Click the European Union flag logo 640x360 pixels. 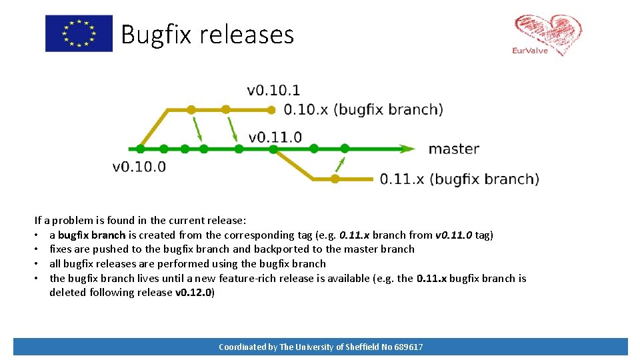tap(79, 33)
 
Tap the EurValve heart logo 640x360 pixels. tap(547, 35)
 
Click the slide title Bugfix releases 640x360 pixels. tap(207, 35)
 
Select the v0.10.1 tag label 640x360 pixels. tap(273, 91)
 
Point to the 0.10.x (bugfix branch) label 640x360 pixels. tap(363, 109)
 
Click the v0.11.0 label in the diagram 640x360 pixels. tap(275, 137)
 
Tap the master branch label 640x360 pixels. tap(453, 149)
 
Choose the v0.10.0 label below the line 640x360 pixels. tap(139, 167)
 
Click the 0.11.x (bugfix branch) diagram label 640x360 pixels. tap(459, 179)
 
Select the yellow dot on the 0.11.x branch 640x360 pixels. tap(335, 179)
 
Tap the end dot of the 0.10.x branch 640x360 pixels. tap(271, 109)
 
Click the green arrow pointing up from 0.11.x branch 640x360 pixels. tap(341, 164)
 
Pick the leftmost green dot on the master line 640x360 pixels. tap(141, 149)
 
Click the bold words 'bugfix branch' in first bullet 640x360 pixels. tap(91, 235)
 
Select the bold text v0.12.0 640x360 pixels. tap(194, 293)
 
